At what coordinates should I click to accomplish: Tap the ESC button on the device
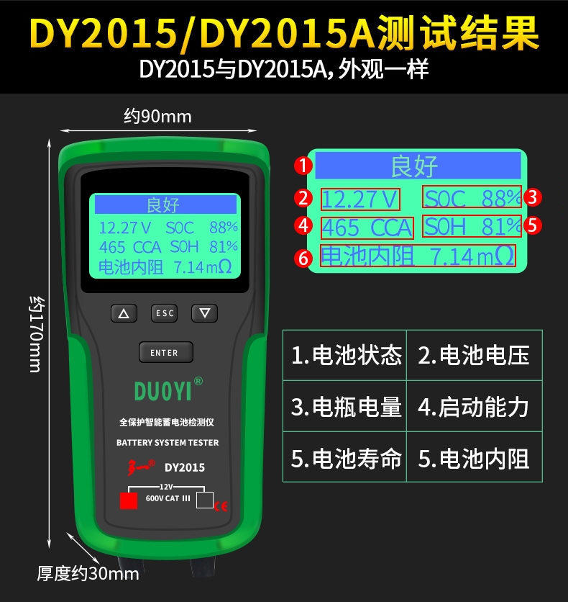pos(164,313)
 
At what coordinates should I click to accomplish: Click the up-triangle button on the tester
pos(124,313)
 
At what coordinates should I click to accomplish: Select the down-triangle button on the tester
pos(205,313)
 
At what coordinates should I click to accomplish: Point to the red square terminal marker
pos(129,500)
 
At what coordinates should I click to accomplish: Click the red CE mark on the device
pos(221,506)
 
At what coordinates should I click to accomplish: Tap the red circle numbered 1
pos(303,166)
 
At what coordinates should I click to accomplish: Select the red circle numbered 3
pos(532,197)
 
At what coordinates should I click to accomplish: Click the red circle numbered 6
pos(303,258)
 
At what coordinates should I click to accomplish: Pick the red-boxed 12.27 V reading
pos(360,199)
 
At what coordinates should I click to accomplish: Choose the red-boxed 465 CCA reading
pos(367,228)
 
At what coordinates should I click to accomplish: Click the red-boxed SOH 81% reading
pos(472,226)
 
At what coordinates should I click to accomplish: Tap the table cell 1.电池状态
pos(344,355)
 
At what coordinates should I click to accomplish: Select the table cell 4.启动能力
pos(475,406)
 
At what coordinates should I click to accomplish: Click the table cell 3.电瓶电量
pos(344,406)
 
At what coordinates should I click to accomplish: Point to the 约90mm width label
pos(157,117)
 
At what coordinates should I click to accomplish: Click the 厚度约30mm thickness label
pos(88,574)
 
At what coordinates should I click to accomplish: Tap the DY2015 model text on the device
pos(185,467)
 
